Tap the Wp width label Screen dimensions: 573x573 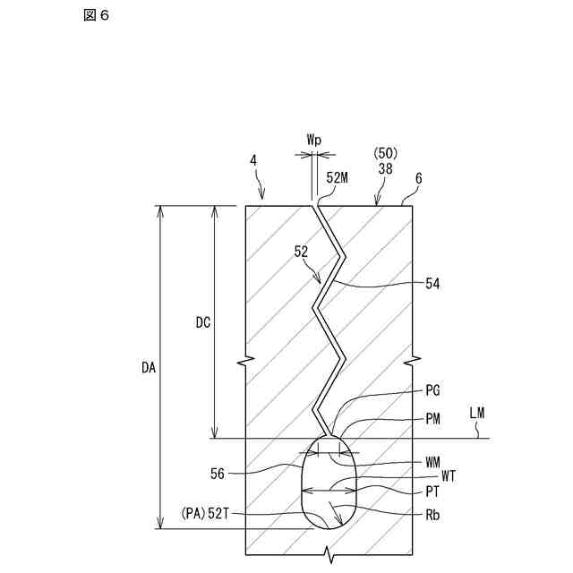(x=314, y=141)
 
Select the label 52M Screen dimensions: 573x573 (x=338, y=177)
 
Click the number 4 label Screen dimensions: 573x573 (x=253, y=161)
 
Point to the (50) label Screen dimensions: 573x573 (x=384, y=153)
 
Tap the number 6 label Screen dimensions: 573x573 (x=418, y=178)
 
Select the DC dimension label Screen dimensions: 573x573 (x=202, y=322)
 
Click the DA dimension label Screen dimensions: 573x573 (x=149, y=366)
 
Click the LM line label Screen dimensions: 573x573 (x=477, y=413)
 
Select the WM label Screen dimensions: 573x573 (x=433, y=462)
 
